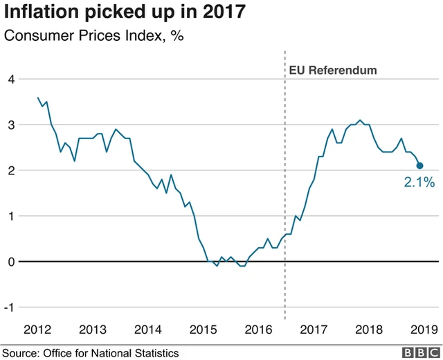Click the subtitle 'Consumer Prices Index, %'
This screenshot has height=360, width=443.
(93, 37)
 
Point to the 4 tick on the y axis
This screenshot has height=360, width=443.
(10, 79)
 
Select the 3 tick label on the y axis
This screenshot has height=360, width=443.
(10, 125)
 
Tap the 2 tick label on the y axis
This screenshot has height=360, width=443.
(10, 170)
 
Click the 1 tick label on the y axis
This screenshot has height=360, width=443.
(10, 216)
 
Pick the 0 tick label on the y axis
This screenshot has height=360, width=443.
(10, 262)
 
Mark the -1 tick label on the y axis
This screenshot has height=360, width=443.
(8, 307)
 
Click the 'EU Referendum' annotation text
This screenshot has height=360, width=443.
(332, 70)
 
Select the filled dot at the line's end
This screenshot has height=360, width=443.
(420, 165)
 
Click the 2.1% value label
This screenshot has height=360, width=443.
(419, 183)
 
